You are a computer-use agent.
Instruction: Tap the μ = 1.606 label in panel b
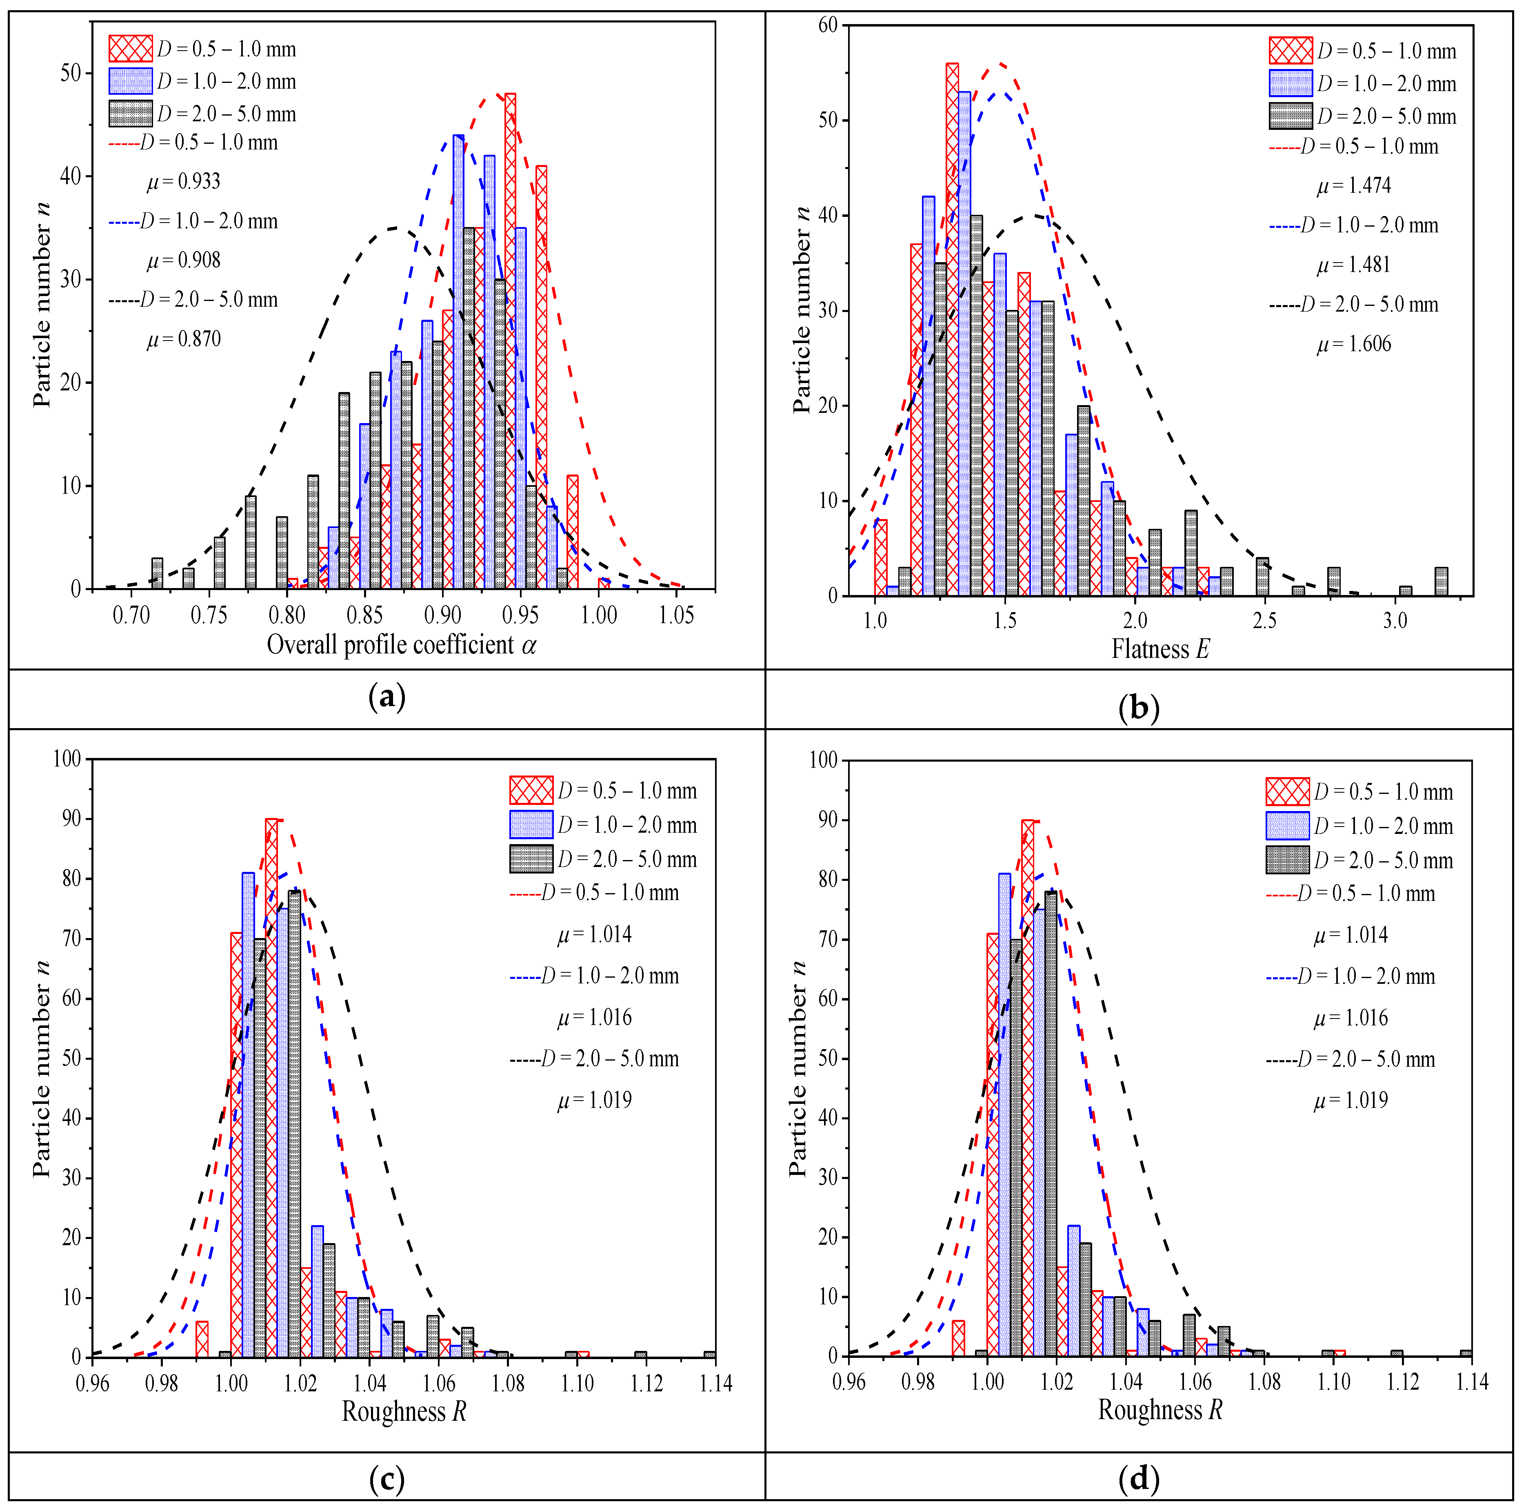(1354, 345)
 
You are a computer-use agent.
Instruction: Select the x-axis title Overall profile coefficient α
(401, 646)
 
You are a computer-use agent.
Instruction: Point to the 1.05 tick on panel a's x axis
(676, 615)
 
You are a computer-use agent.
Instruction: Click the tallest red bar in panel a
(510, 340)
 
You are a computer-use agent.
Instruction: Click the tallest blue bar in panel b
(964, 344)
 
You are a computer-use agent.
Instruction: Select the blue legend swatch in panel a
(130, 81)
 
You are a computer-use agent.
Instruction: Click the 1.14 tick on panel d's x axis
(1471, 1382)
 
